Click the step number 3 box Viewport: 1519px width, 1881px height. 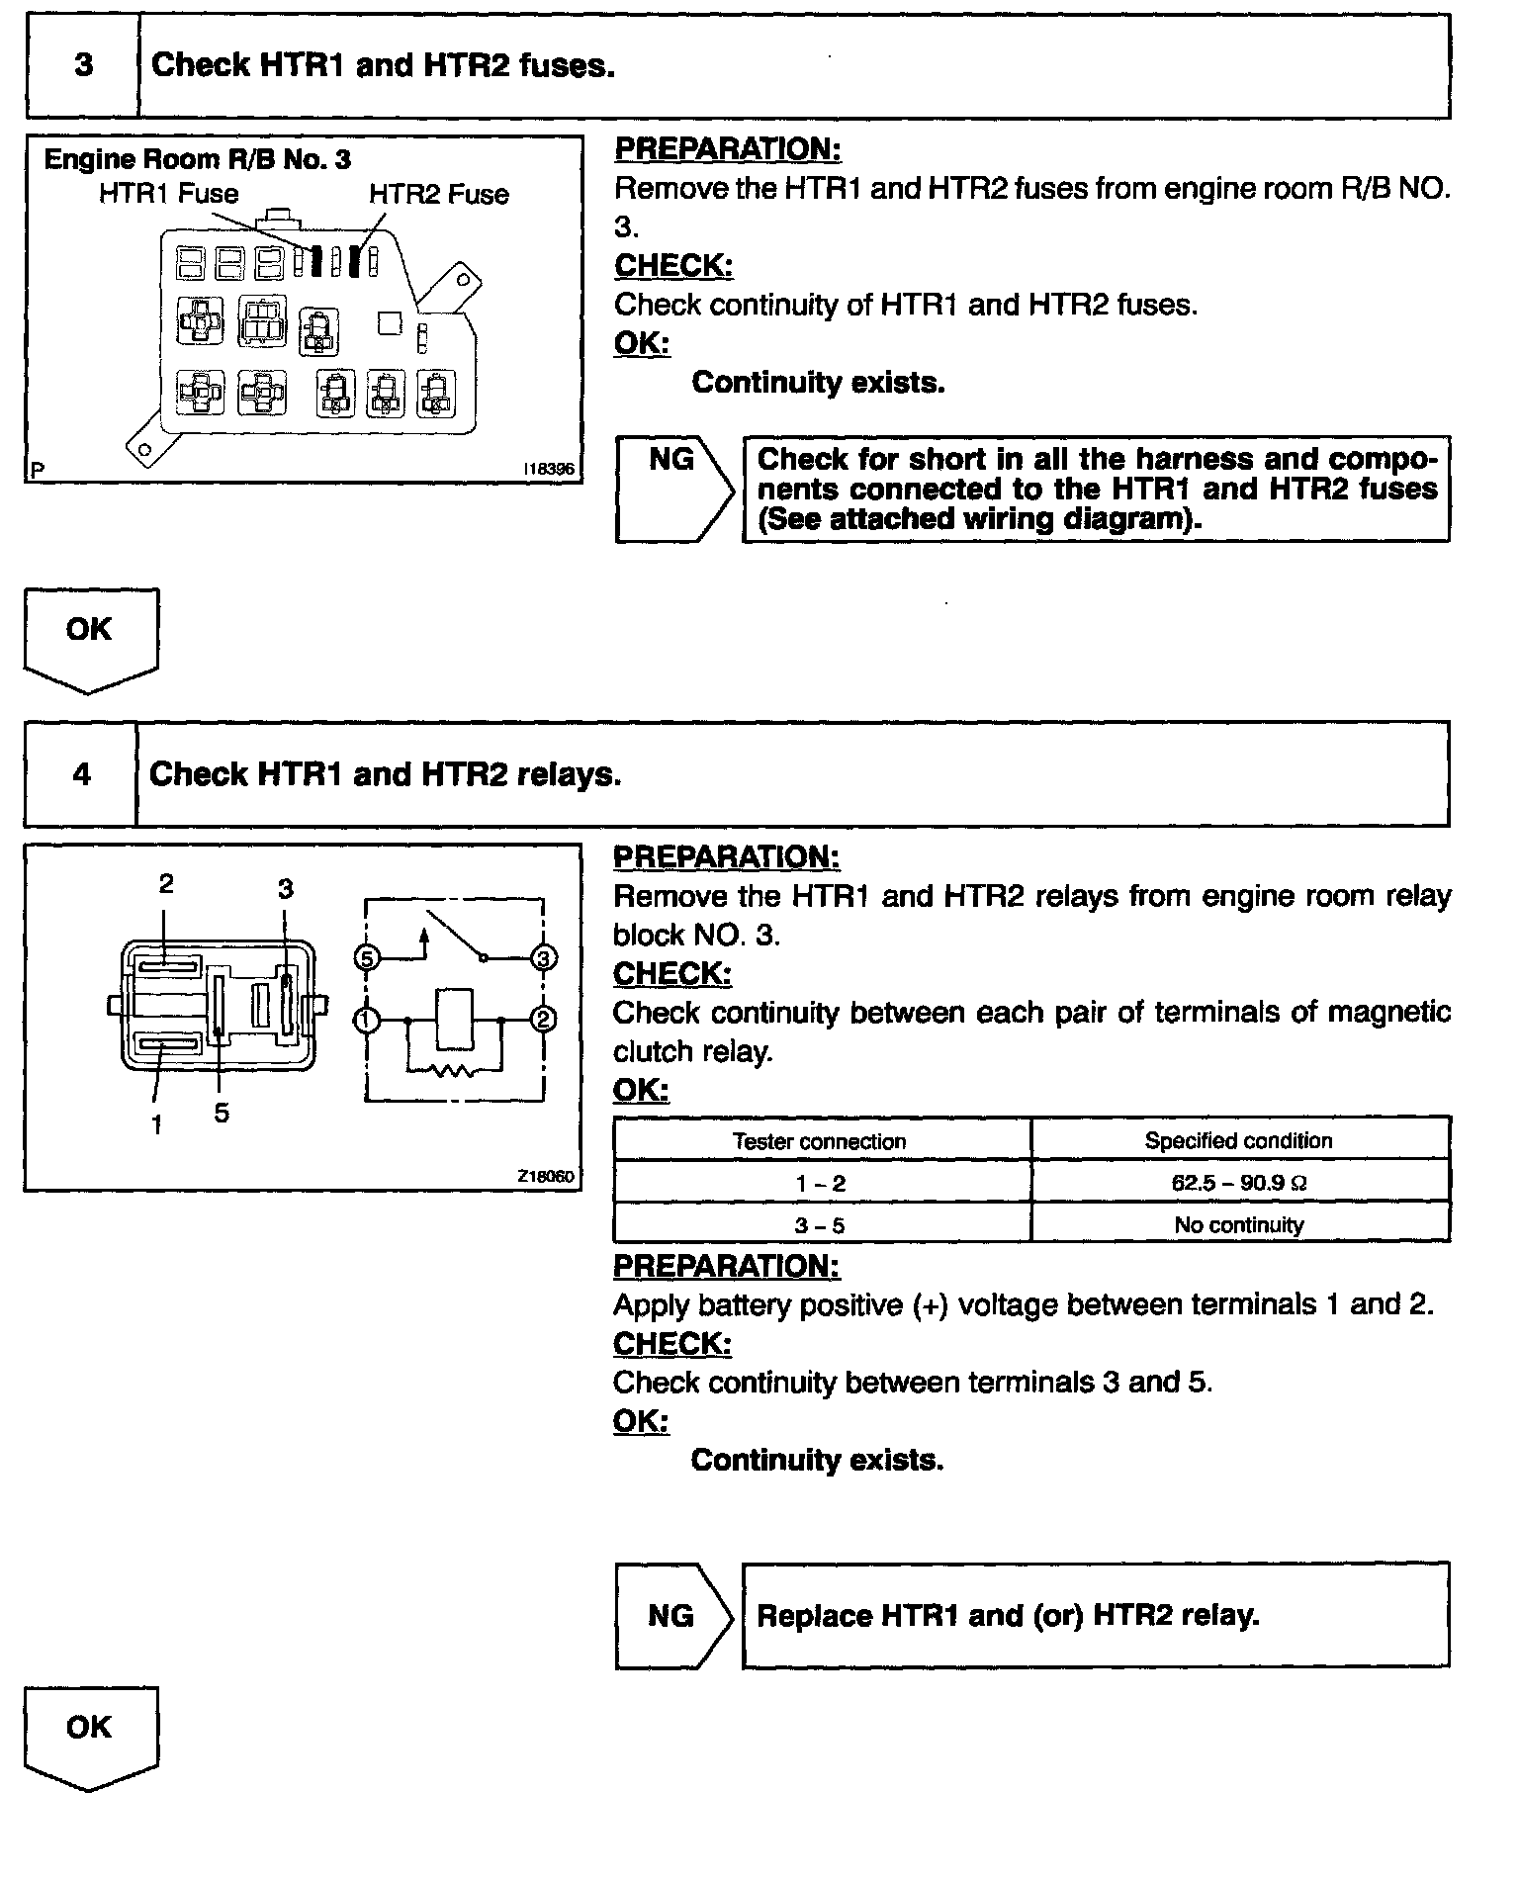tap(83, 65)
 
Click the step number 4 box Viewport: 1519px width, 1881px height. tap(81, 773)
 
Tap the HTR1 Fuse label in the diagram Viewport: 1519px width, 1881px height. tap(168, 194)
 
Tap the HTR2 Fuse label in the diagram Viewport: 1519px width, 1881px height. tap(439, 194)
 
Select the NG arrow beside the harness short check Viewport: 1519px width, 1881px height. tap(672, 489)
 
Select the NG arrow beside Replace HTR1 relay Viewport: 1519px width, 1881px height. tap(672, 1615)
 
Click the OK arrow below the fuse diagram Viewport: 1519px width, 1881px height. tap(90, 635)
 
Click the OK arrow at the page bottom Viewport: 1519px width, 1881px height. tap(90, 1734)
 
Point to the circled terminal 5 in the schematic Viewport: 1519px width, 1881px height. tap(367, 957)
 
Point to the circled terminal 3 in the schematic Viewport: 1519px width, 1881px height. tap(544, 957)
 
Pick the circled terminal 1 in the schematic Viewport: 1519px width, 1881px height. tap(367, 1020)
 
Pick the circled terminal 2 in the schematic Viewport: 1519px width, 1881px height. tap(544, 1020)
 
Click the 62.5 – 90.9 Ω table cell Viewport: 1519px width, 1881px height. tap(1239, 1183)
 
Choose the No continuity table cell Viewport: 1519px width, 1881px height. tap(1239, 1225)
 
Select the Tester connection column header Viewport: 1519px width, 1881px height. tap(820, 1141)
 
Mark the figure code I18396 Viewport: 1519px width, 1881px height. tap(548, 470)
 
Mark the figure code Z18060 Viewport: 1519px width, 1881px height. tap(545, 1177)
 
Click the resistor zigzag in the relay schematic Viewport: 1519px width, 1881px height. tap(455, 1071)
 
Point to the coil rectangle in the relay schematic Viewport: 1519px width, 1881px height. tap(454, 1020)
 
